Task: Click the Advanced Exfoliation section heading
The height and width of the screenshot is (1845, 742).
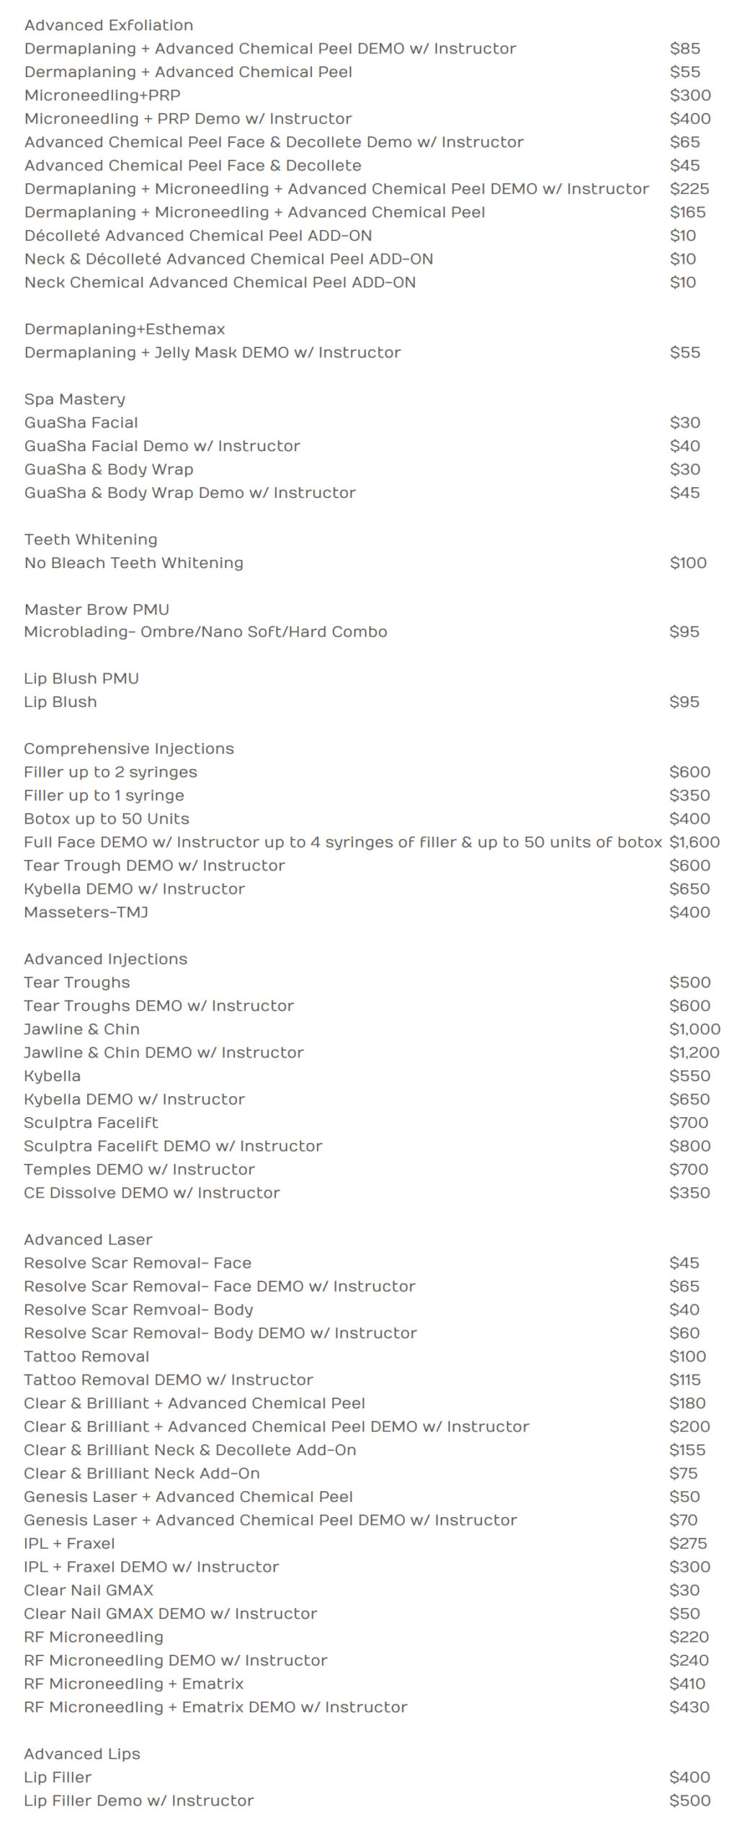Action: click(109, 25)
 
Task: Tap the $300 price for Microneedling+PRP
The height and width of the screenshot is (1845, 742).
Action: click(689, 95)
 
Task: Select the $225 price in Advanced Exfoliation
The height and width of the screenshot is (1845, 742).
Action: click(689, 189)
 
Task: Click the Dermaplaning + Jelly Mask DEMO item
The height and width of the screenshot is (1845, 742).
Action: click(213, 352)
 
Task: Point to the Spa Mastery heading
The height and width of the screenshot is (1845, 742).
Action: click(75, 399)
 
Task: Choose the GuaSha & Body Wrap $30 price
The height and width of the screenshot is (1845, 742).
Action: click(684, 469)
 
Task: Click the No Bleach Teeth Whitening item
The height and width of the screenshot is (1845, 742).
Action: click(134, 563)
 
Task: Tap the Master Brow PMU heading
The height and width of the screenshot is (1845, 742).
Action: click(97, 610)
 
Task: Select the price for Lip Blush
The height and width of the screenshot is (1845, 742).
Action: click(684, 702)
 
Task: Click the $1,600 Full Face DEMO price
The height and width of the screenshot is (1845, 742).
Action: click(694, 842)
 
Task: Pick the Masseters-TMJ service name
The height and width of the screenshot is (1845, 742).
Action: click(86, 912)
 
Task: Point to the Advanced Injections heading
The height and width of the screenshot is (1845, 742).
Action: click(105, 959)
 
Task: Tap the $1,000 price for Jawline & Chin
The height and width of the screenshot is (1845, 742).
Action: click(694, 1029)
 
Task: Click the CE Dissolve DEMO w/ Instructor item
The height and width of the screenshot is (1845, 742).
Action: click(151, 1193)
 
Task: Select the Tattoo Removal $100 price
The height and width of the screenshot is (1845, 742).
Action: click(687, 1356)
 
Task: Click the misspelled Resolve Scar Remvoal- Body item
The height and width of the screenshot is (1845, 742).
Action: click(138, 1310)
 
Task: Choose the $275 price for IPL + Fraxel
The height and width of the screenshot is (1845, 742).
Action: click(687, 1544)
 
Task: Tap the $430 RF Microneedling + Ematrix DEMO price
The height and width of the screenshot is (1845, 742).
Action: click(689, 1707)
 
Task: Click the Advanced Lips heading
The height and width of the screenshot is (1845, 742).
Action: click(81, 1754)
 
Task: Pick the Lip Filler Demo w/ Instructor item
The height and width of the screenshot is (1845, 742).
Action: click(138, 1801)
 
